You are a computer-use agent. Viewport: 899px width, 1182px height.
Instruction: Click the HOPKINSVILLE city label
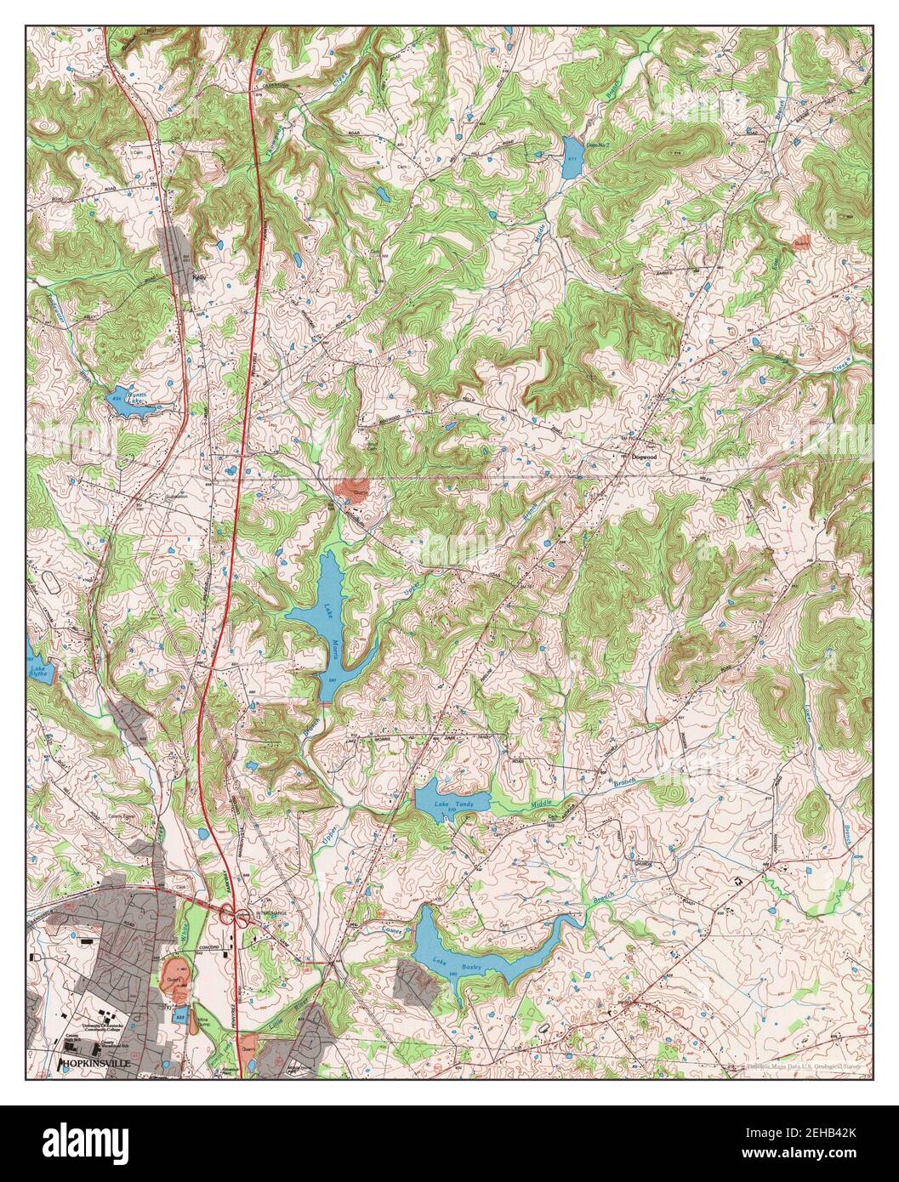tap(95, 1063)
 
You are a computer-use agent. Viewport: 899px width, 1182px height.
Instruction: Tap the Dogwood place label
tap(646, 457)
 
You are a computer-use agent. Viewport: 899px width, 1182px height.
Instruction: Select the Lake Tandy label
tap(452, 804)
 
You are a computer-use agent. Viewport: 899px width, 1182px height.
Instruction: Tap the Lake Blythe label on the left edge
tap(37, 669)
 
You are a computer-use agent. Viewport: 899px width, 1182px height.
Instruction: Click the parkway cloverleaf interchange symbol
tap(234, 916)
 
